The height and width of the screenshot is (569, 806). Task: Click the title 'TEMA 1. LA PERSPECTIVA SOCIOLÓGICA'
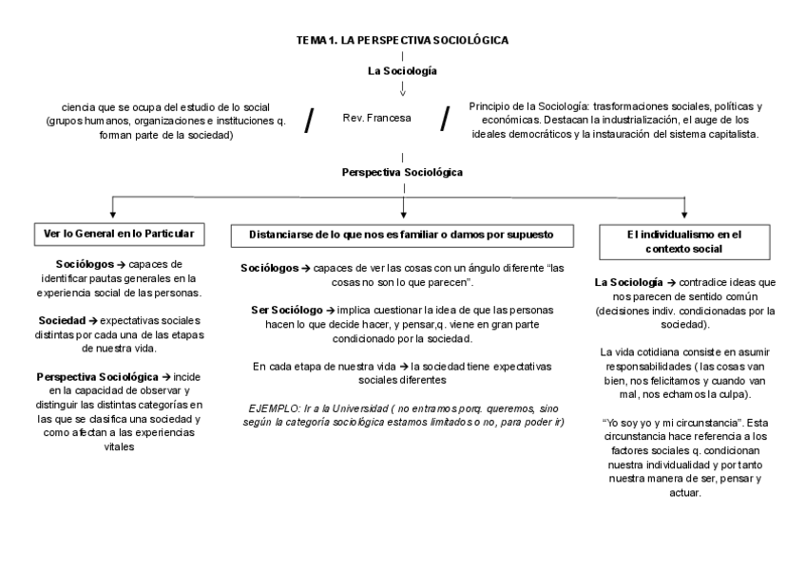coord(403,40)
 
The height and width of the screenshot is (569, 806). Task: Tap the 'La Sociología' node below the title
coord(403,71)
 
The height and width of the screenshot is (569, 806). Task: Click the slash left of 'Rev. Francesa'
coord(310,121)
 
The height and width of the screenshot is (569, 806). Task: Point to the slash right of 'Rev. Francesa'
coord(445,120)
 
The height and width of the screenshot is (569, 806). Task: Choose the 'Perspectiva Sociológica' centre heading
coord(403,173)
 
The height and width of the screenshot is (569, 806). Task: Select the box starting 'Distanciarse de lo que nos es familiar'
coord(402,234)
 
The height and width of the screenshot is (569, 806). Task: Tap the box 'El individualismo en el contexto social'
coord(684,241)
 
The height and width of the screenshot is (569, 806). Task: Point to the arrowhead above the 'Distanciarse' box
coord(403,215)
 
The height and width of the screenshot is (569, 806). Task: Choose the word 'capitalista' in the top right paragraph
coord(729,135)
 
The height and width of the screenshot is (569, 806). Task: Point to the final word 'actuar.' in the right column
coord(684,493)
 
